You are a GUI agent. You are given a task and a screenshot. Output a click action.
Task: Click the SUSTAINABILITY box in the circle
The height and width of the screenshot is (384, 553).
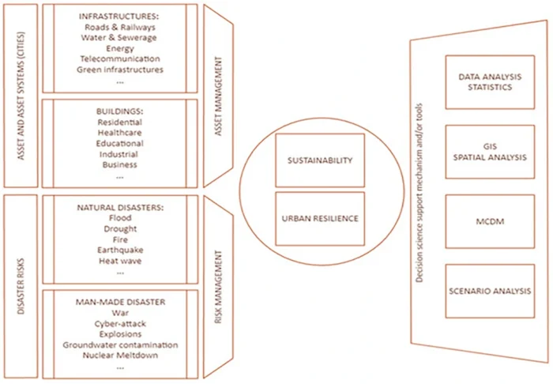click(x=319, y=160)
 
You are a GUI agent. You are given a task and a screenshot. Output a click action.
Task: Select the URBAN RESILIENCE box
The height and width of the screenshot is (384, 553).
click(x=319, y=218)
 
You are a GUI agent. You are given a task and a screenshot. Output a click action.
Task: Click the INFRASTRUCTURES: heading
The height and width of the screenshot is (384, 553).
click(x=120, y=17)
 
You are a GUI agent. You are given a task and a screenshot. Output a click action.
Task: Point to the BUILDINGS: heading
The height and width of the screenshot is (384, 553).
click(x=120, y=112)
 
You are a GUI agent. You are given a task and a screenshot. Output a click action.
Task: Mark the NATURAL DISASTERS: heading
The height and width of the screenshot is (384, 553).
click(x=120, y=207)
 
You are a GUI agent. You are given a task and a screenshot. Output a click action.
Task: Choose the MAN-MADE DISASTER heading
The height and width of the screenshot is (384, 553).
click(x=120, y=301)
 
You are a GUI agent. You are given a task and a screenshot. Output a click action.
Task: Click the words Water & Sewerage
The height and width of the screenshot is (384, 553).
click(x=120, y=38)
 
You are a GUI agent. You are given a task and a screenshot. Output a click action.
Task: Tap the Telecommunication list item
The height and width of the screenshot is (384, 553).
click(x=120, y=58)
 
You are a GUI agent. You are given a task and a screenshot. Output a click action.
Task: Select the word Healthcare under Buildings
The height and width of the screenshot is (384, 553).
click(x=120, y=134)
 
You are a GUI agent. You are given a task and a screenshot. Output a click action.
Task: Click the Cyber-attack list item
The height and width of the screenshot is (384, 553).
click(x=120, y=323)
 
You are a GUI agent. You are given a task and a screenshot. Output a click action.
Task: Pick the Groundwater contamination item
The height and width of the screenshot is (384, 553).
click(x=120, y=344)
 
